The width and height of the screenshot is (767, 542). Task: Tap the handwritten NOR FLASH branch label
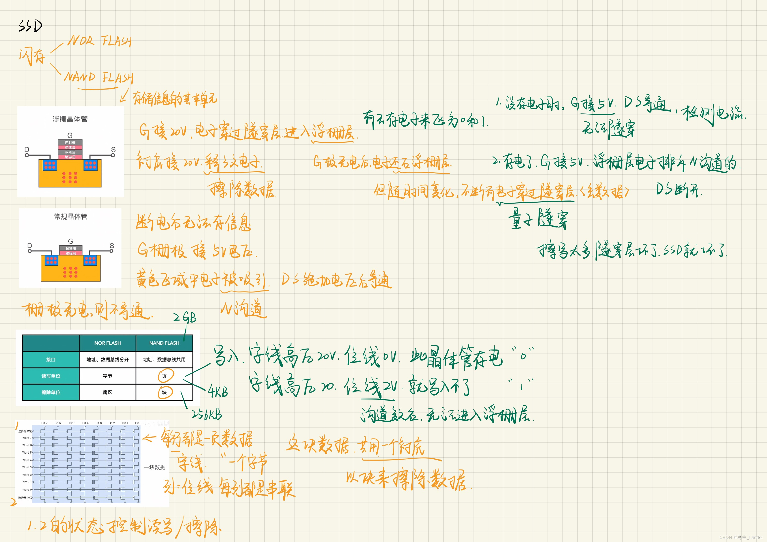click(99, 41)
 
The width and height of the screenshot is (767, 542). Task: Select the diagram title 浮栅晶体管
click(70, 119)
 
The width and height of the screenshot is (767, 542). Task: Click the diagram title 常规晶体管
click(71, 217)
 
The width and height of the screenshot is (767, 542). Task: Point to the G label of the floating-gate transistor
click(70, 135)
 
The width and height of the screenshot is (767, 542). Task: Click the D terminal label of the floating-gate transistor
click(27, 149)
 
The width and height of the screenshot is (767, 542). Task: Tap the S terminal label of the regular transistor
click(112, 246)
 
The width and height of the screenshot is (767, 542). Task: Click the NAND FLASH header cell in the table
click(164, 343)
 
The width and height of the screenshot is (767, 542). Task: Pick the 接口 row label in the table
click(51, 360)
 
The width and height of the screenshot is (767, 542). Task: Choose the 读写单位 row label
click(51, 376)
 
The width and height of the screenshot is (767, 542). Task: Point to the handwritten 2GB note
click(185, 317)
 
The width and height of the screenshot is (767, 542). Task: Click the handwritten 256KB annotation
click(207, 415)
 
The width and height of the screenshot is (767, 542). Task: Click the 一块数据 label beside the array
click(154, 467)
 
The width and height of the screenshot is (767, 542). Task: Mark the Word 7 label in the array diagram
click(27, 437)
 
